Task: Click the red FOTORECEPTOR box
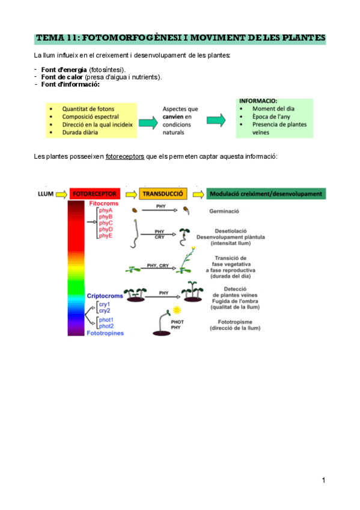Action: click(x=95, y=194)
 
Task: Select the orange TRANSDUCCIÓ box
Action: click(x=163, y=194)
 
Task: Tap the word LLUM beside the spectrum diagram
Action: click(x=45, y=194)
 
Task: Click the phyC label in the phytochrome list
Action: click(x=106, y=223)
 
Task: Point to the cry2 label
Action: click(x=104, y=310)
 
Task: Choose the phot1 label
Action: click(x=106, y=319)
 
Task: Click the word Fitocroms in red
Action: click(x=104, y=204)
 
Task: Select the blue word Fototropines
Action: click(x=106, y=333)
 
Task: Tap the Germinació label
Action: click(x=224, y=212)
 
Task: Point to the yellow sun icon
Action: click(x=177, y=310)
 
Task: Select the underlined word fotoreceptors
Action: click(x=124, y=157)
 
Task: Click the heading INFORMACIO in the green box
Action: click(x=258, y=101)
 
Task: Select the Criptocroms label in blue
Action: click(x=106, y=296)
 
